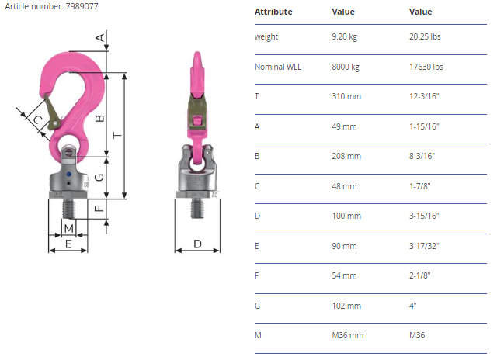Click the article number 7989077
pyautogui.click(x=82, y=6)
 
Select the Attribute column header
pyautogui.click(x=273, y=12)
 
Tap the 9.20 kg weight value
pyautogui.click(x=344, y=36)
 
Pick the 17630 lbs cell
pyautogui.click(x=426, y=67)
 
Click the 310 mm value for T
pyautogui.click(x=346, y=96)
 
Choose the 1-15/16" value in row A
pyautogui.click(x=424, y=126)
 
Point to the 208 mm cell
pyautogui.click(x=346, y=156)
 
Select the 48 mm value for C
pyautogui.click(x=344, y=186)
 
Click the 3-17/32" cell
pyautogui.click(x=424, y=246)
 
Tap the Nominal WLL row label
pyautogui.click(x=278, y=67)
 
